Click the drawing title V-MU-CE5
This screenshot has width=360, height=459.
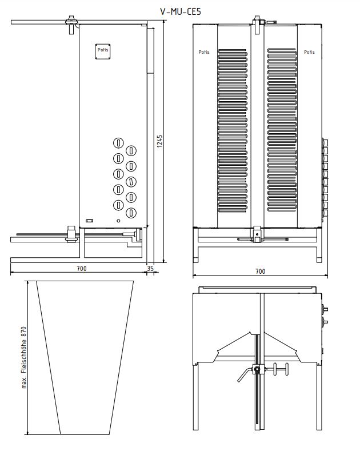click(181, 11)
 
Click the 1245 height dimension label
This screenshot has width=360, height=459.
click(160, 141)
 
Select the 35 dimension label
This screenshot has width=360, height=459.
click(150, 268)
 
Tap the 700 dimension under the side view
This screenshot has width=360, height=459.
click(82, 268)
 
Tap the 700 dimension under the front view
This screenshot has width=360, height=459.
click(260, 272)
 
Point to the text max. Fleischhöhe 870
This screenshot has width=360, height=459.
click(24, 357)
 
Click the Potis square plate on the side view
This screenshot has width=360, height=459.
click(103, 51)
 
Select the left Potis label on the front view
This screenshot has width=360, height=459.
click(204, 52)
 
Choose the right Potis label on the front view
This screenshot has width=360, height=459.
click(309, 52)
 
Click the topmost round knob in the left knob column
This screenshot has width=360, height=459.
click(118, 143)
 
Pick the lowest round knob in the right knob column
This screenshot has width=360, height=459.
click(131, 212)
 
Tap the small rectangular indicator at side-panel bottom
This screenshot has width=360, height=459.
click(90, 221)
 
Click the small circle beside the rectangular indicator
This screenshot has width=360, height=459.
click(118, 221)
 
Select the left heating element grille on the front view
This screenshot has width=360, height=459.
click(233, 130)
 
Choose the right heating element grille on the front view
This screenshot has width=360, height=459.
click(282, 130)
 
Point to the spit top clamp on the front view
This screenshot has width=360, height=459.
click(258, 25)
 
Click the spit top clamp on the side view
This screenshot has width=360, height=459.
click(71, 25)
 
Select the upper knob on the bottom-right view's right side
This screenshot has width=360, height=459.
click(325, 309)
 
